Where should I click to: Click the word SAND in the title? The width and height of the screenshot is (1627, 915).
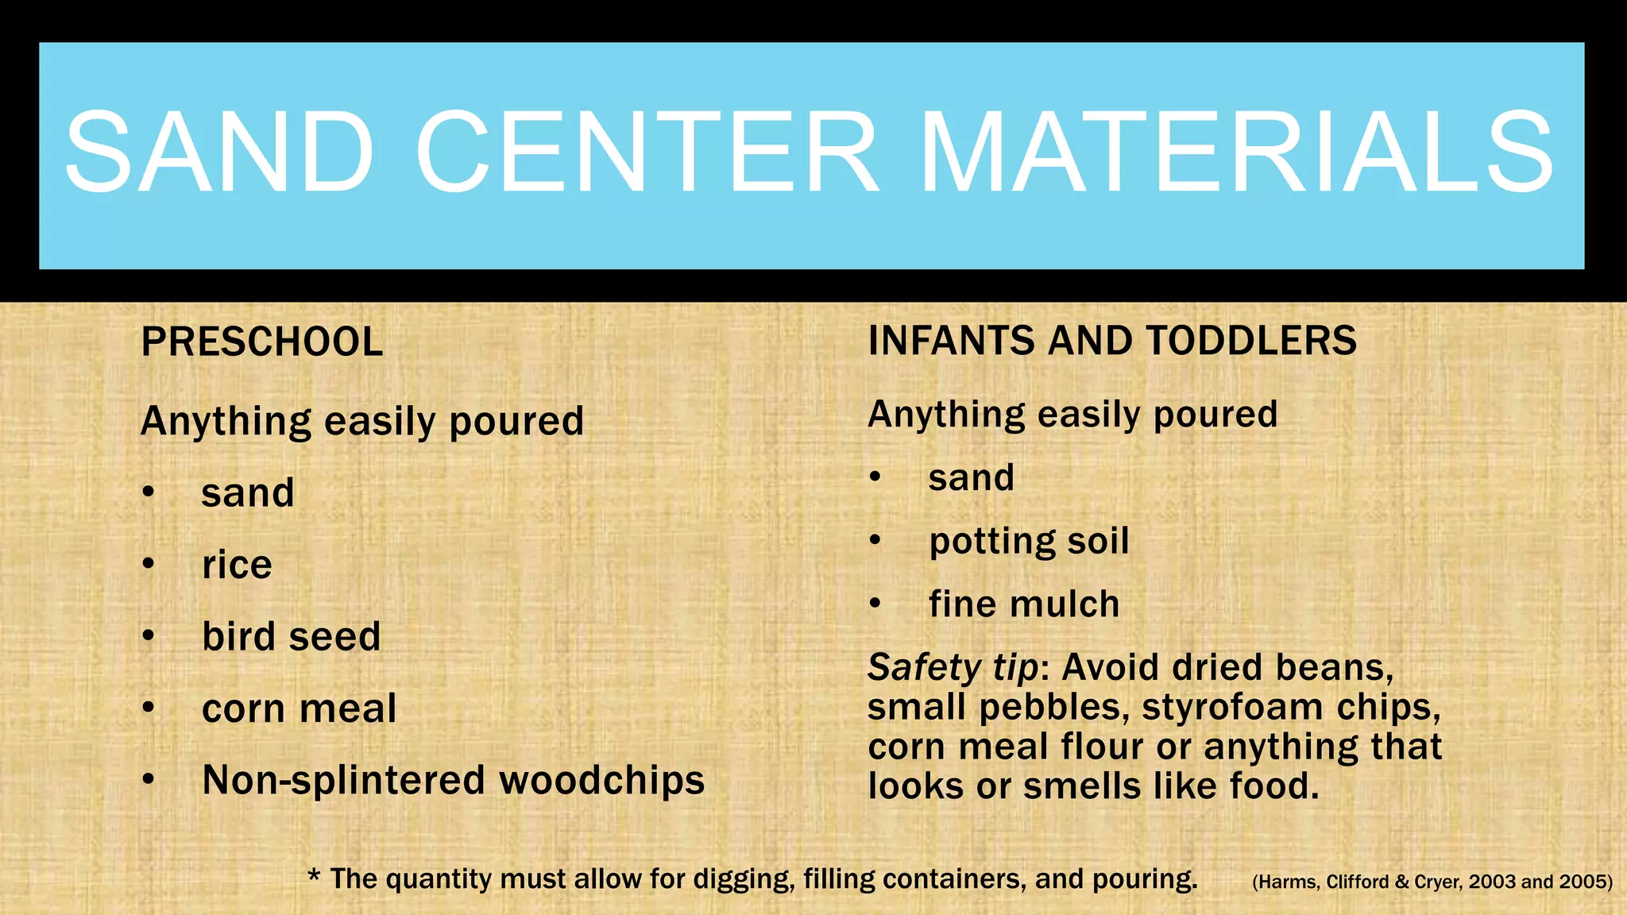(219, 152)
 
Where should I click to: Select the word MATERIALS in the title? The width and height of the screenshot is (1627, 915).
(1236, 152)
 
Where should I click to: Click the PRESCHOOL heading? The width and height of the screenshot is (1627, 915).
(262, 342)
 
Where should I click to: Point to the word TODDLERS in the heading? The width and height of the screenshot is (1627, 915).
(1251, 341)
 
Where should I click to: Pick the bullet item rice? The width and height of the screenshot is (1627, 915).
(237, 565)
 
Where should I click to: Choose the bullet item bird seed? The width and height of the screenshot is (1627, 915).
(292, 636)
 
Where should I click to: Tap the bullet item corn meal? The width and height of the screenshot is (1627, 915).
(299, 708)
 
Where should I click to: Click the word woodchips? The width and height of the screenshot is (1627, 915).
(601, 780)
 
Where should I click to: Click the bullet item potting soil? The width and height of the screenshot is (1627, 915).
(1029, 542)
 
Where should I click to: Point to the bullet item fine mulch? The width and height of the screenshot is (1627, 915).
(1024, 604)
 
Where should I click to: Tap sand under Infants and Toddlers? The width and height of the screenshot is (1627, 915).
(972, 478)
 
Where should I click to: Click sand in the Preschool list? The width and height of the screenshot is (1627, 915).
(248, 493)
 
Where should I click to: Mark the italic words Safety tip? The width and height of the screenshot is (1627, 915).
(953, 668)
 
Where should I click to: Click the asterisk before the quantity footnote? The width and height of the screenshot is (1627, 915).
(315, 876)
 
